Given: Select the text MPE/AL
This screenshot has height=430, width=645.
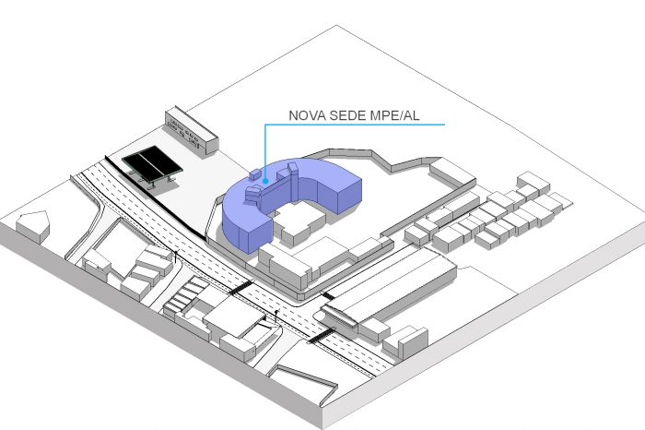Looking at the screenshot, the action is pyautogui.click(x=394, y=115).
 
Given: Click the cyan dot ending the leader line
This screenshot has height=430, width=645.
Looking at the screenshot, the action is pyautogui.click(x=265, y=181).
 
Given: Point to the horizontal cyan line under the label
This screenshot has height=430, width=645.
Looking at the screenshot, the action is pyautogui.click(x=355, y=124).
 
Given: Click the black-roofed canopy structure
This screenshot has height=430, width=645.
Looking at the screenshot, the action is pyautogui.click(x=152, y=164).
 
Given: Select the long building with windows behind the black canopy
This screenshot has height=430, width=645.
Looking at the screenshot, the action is pyautogui.click(x=192, y=130).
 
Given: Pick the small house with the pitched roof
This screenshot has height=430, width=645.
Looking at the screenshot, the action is pyautogui.click(x=33, y=226).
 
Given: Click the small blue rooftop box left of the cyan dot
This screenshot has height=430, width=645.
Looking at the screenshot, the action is pyautogui.click(x=255, y=174).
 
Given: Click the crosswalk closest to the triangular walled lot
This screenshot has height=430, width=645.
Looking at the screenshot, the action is pyautogui.click(x=321, y=336).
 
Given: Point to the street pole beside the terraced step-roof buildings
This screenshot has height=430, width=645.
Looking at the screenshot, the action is pyautogui.click(x=177, y=257).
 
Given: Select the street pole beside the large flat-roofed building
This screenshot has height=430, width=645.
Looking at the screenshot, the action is pyautogui.click(x=276, y=316).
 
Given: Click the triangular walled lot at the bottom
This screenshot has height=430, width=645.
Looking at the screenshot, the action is pyautogui.click(x=303, y=381).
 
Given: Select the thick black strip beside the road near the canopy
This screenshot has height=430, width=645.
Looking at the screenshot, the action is pyautogui.click(x=155, y=197).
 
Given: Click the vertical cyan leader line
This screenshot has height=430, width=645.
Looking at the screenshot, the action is pyautogui.click(x=265, y=151).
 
